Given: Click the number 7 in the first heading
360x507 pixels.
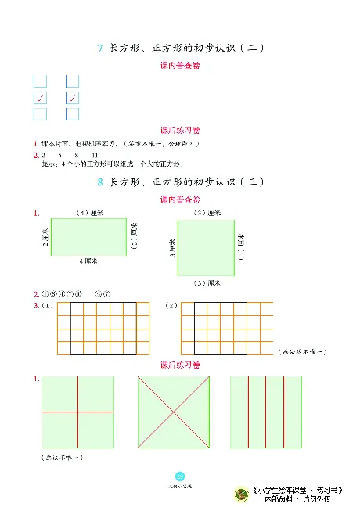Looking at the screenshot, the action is (x=100, y=48).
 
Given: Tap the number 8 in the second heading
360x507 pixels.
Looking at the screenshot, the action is (x=100, y=182).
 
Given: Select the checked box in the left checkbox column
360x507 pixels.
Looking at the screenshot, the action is (x=41, y=98).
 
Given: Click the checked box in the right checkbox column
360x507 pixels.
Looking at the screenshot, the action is (x=72, y=98).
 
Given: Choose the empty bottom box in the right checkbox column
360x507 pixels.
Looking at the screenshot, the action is (x=72, y=114).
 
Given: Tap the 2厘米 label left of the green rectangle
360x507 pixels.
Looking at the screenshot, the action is (x=45, y=237).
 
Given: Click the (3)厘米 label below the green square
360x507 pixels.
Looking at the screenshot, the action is (x=207, y=282).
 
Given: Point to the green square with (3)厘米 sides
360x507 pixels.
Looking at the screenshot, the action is (x=207, y=247).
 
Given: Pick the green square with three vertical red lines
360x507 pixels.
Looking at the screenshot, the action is (x=265, y=411).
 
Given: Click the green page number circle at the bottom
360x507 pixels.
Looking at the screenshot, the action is (x=180, y=476).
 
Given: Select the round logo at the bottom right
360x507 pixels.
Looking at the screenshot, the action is (x=239, y=493).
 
